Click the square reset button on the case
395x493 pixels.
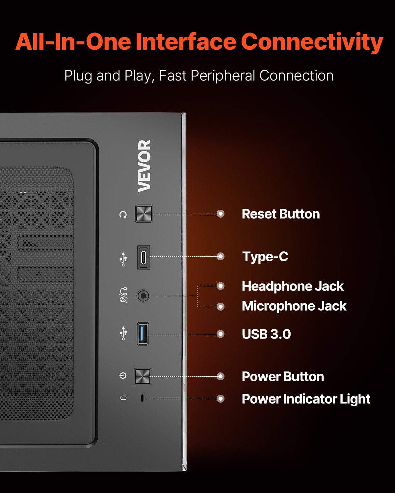pos(144,214)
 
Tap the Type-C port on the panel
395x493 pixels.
pos(144,257)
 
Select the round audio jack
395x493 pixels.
pos(143,296)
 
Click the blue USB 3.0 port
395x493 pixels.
pos(143,334)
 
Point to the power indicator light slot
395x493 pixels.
pos(142,398)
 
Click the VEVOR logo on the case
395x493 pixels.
pos(145,166)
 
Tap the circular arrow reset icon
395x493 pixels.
pos(123,215)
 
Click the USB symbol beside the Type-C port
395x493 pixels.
pos(123,259)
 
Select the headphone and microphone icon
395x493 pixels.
pos(123,295)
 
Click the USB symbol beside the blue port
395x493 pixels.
pos(123,333)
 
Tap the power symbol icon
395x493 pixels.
pos(123,376)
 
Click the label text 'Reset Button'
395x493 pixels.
pos(281,214)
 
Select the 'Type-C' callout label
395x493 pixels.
pos(265,257)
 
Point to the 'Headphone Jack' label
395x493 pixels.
pos(293,286)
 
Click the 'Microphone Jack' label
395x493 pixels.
pos(294,306)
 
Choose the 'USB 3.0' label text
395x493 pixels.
pos(266,334)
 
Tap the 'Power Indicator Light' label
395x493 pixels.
pos(306,399)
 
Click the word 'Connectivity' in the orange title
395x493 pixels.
pos(312,42)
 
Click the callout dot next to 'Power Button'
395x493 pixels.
pos(221,376)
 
